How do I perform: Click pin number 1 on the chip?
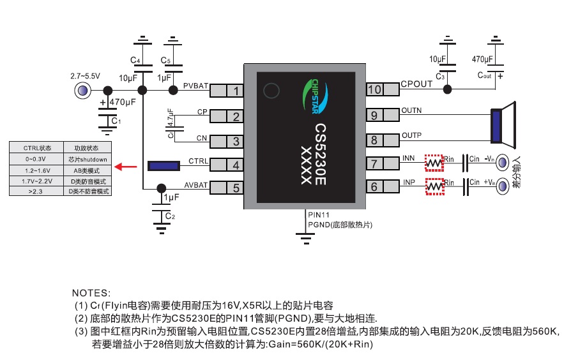tap(236, 91)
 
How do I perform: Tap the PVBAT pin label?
tap(195, 85)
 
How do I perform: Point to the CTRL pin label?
tap(198, 161)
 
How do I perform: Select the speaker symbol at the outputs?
tap(503, 124)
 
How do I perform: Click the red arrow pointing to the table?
tap(125, 167)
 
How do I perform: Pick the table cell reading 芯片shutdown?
tap(88, 159)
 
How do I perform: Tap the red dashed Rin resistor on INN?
tap(434, 163)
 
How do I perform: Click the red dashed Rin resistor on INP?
tap(434, 187)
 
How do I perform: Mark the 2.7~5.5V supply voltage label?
tap(85, 76)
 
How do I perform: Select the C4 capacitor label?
tap(135, 60)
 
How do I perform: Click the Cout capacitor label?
tap(484, 75)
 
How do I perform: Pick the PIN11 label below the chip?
tap(319, 215)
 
